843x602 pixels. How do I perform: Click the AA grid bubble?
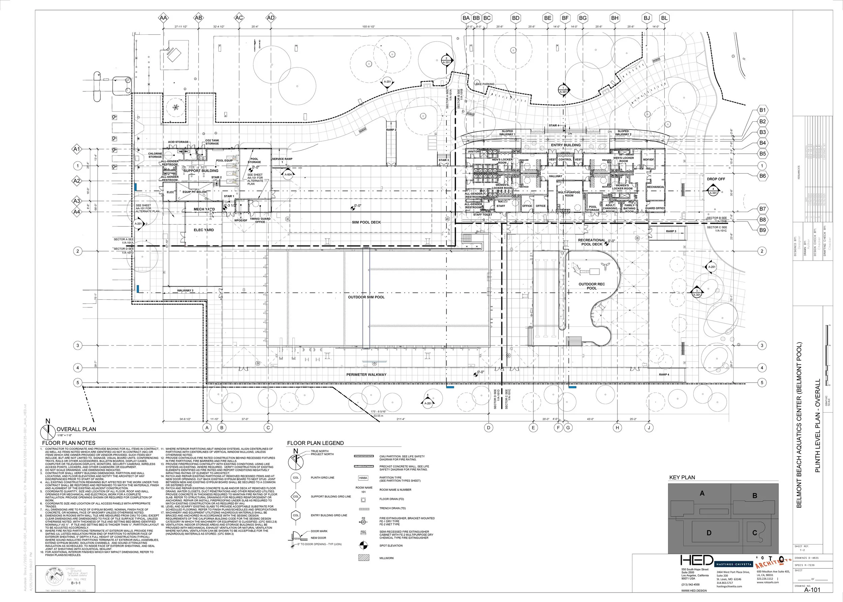click(163, 18)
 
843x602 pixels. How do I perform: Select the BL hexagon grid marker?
click(664, 18)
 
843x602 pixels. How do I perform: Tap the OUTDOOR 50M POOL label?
click(366, 297)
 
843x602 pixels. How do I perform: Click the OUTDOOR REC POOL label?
click(591, 286)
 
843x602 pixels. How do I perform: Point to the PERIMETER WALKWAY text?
click(366, 374)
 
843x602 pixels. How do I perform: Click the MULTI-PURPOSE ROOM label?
click(569, 194)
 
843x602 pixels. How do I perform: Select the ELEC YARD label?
click(204, 230)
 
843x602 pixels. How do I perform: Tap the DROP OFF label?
click(716, 179)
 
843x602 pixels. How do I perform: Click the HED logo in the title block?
click(697, 560)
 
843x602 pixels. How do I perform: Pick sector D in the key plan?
click(709, 533)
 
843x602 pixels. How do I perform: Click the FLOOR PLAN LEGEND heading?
click(315, 443)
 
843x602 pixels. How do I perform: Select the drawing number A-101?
click(812, 590)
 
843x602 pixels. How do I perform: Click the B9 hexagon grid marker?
click(762, 230)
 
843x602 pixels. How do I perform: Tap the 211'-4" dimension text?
click(401, 419)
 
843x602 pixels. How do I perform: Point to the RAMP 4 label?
click(664, 374)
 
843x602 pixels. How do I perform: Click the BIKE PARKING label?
click(485, 84)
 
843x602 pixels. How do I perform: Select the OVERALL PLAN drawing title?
click(76, 429)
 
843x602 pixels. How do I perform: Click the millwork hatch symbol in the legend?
click(364, 558)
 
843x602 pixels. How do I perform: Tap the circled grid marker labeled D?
click(489, 427)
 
